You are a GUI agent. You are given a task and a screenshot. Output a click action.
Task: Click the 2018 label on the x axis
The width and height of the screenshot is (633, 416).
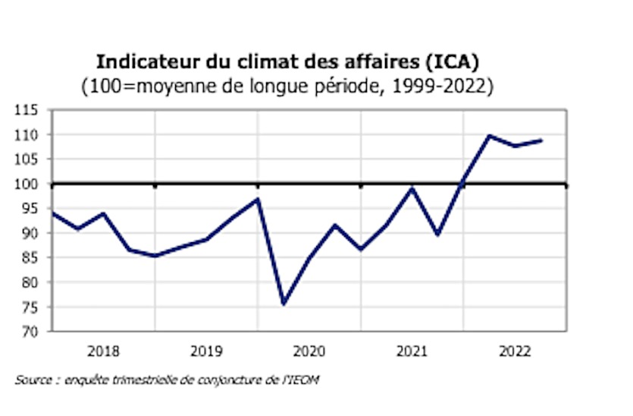(x=103, y=351)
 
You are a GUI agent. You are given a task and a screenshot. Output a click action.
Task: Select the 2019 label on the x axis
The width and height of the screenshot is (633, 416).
(x=206, y=351)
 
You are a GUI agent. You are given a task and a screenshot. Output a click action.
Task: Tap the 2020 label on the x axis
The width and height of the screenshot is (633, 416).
(x=309, y=351)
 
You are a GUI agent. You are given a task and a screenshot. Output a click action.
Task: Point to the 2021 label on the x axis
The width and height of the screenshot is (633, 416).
(x=412, y=351)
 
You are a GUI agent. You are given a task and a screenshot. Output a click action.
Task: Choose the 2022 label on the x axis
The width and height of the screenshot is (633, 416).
(x=515, y=351)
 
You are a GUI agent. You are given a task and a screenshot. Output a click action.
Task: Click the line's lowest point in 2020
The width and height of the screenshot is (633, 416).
(x=284, y=304)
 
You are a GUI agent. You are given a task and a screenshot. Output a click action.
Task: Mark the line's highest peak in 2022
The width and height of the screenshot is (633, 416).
(x=489, y=136)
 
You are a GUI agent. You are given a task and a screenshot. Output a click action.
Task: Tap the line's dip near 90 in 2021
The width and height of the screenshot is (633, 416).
(x=438, y=235)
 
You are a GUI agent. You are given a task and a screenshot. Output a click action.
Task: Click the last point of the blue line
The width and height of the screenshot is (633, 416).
(x=541, y=140)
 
